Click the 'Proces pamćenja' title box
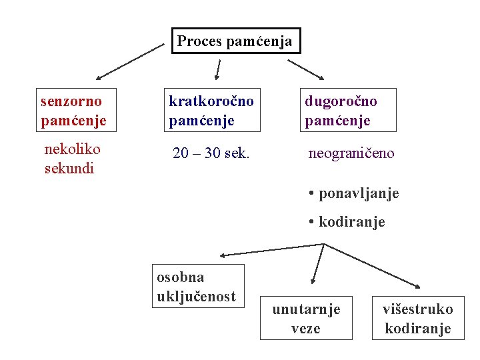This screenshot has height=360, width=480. (235, 41)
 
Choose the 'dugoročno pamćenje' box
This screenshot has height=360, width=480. (349, 110)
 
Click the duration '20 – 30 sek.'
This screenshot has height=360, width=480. (211, 153)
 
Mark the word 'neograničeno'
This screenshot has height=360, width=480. (351, 153)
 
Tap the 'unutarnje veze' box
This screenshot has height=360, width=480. (306, 318)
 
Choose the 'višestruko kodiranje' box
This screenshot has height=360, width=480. (417, 318)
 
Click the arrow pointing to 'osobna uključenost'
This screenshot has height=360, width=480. (271, 249)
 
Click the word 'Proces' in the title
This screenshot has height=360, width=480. (200, 41)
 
